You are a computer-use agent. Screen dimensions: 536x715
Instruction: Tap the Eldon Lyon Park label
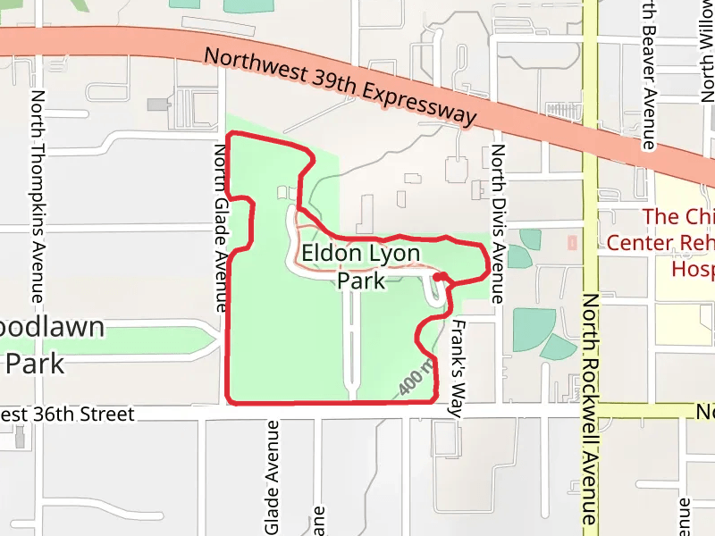(360, 266)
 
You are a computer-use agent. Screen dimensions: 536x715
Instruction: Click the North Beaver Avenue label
(650, 76)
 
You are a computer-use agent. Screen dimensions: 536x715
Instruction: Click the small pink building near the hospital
(572, 242)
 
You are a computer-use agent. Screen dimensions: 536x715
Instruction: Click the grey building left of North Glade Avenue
(158, 105)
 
